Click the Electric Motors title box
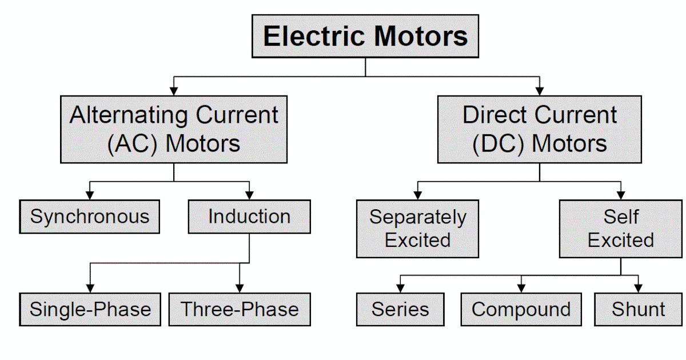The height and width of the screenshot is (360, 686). tap(365, 37)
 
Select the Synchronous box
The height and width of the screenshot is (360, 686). tap(90, 217)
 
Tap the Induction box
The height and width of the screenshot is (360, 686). tap(249, 217)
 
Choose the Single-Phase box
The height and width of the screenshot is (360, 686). tap(90, 309)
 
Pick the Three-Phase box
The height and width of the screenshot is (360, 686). tap(240, 309)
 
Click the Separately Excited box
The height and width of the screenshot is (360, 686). tap(417, 229)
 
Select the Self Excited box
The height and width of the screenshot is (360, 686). tap(620, 229)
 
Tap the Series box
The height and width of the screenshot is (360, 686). tap(400, 309)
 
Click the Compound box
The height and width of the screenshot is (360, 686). tap(521, 309)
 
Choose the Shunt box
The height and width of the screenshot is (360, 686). tap(638, 309)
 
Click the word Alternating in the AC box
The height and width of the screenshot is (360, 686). tap(129, 116)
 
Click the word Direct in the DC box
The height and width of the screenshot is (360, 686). tap(494, 116)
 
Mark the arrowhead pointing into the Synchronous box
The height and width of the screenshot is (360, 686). tap(90, 195)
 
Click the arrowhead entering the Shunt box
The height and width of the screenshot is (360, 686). tap(638, 288)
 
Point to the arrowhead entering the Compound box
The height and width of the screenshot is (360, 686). tap(521, 288)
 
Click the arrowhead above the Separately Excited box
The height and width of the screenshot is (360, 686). tap(417, 195)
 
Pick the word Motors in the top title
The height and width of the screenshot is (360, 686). tap(421, 37)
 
